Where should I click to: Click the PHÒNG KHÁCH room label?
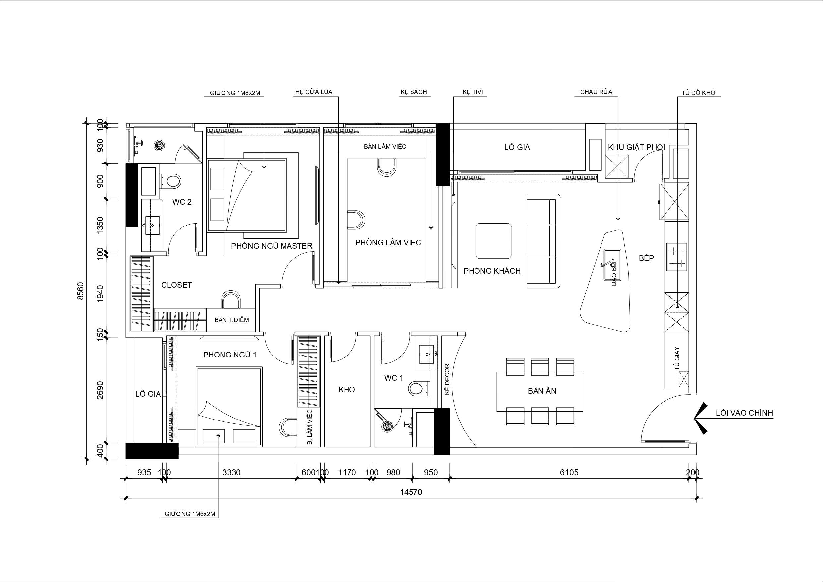[492, 271]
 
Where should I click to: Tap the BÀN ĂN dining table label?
[542, 391]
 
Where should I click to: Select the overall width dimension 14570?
[411, 492]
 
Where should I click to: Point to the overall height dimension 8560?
[81, 291]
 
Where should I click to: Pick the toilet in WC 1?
[418, 388]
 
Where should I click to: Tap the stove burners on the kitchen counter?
[677, 257]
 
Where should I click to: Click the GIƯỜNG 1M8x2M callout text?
[235, 93]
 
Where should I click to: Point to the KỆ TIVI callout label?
[473, 92]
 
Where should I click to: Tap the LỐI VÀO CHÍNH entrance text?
[744, 413]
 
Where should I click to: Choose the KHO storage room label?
[347, 389]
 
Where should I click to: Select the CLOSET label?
[176, 285]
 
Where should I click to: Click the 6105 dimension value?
[569, 472]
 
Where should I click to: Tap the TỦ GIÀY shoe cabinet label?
[677, 358]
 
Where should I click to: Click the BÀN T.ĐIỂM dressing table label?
[231, 319]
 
